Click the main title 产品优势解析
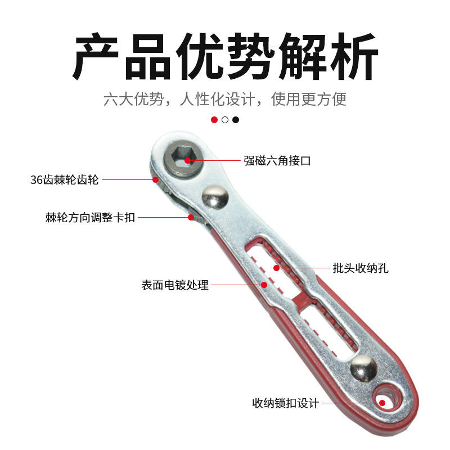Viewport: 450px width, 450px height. [x=225, y=57]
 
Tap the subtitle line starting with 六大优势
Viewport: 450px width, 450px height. [x=225, y=100]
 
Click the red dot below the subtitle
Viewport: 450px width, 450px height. [x=214, y=120]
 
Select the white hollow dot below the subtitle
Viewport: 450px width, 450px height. [x=225, y=120]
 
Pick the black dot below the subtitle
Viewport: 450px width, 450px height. [x=236, y=120]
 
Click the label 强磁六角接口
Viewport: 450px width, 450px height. [x=277, y=161]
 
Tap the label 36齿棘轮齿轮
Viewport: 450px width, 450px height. [x=65, y=180]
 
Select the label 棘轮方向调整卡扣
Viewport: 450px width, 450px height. [x=90, y=217]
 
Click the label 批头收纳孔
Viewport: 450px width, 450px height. [x=360, y=268]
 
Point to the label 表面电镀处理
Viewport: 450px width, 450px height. [x=175, y=285]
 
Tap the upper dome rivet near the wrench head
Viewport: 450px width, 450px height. [x=215, y=197]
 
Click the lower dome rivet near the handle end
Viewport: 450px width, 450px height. [x=364, y=368]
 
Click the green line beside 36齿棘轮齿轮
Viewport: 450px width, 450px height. [x=127, y=179]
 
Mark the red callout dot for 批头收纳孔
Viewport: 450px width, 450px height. [x=276, y=268]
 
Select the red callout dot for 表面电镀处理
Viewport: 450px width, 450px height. [x=264, y=285]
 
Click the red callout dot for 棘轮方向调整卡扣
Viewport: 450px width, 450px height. [x=191, y=217]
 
